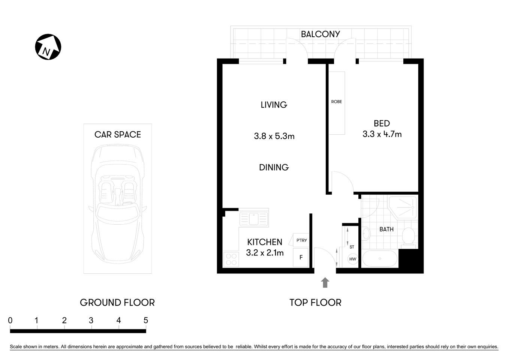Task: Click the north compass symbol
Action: (48, 47)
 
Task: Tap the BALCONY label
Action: (320, 34)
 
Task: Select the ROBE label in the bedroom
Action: (336, 102)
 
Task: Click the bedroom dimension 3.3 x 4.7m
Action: (382, 134)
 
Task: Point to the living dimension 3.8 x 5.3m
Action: (274, 136)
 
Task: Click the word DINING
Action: (274, 167)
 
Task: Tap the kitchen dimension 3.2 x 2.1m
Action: (265, 253)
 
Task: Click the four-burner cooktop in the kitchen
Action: (231, 259)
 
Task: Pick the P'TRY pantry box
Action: (301, 240)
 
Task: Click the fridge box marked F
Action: (301, 258)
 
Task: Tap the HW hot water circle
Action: (353, 259)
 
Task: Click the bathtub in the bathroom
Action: (380, 258)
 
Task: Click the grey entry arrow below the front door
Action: (325, 282)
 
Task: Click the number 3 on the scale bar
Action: (91, 320)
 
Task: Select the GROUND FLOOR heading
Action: (117, 302)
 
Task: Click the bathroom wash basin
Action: (366, 234)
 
